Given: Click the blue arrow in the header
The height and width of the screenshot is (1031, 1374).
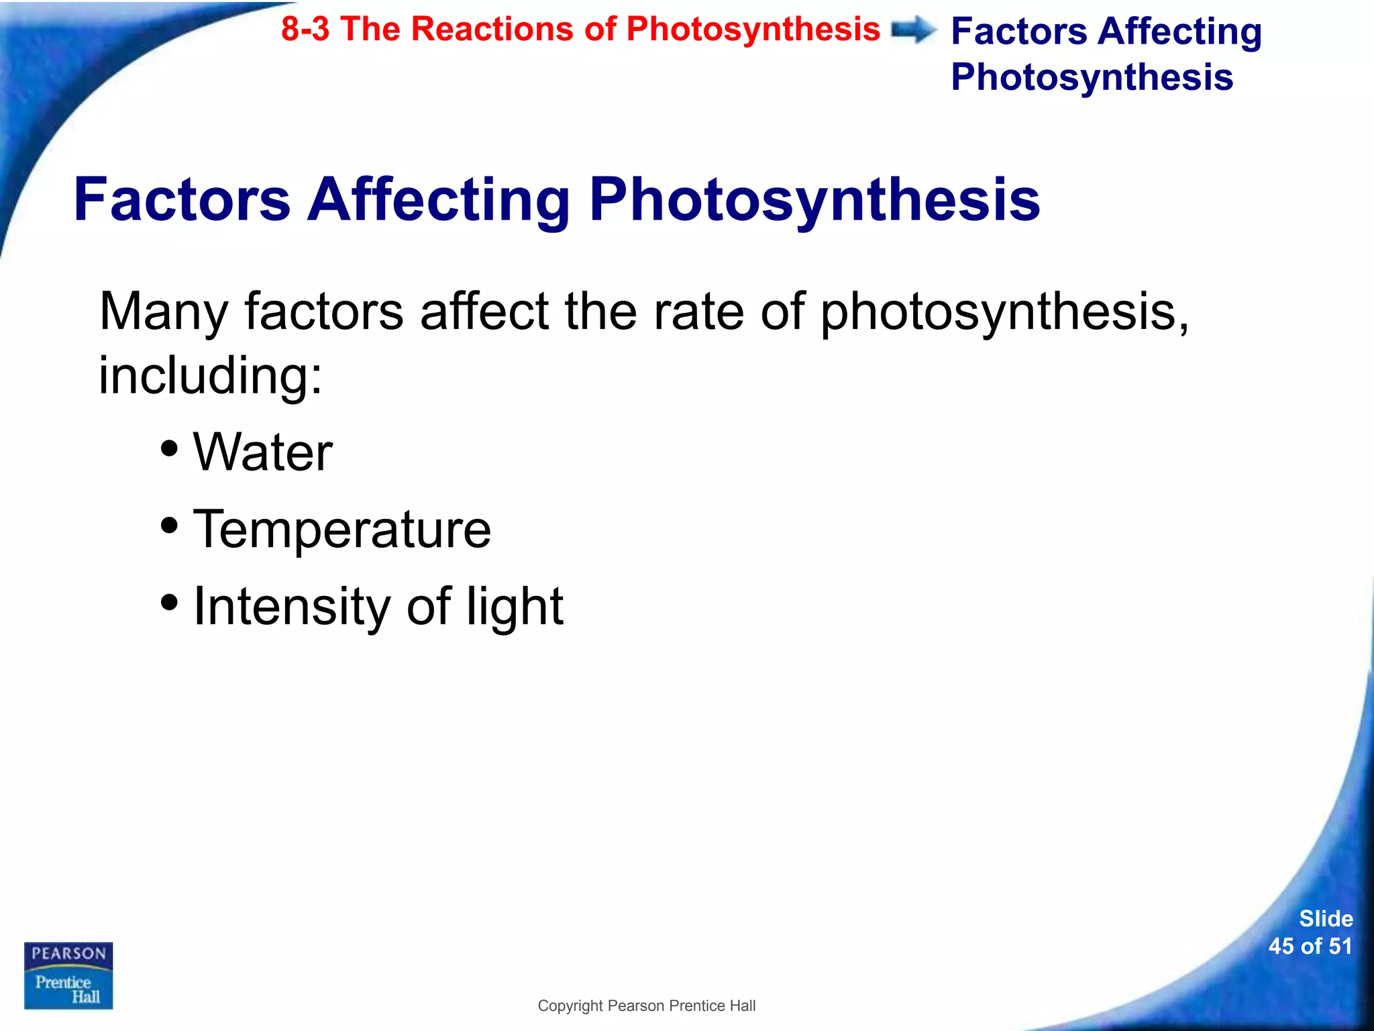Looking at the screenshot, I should [914, 30].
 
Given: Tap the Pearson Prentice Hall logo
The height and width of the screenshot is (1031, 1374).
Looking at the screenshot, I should [68, 975].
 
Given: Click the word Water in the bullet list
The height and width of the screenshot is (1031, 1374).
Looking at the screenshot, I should [262, 452].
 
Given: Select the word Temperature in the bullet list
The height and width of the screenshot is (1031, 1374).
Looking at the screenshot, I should [342, 529].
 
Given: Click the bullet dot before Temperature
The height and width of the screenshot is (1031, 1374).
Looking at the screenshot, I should [170, 525].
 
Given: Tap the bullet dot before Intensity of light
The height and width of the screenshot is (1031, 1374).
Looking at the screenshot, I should [170, 602].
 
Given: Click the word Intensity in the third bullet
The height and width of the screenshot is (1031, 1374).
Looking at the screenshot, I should [291, 606].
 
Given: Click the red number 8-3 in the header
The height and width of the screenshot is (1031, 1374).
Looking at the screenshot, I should [305, 30].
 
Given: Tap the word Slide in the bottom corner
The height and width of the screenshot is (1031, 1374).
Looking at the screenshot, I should [1326, 918].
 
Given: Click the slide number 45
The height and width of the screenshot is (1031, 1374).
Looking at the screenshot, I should [1281, 946].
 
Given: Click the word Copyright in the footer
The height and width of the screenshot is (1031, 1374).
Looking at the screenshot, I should [570, 1006].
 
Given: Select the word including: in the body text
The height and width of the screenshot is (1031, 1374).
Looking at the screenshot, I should [211, 376].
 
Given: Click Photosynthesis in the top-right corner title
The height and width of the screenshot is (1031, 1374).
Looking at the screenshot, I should [1092, 77].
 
